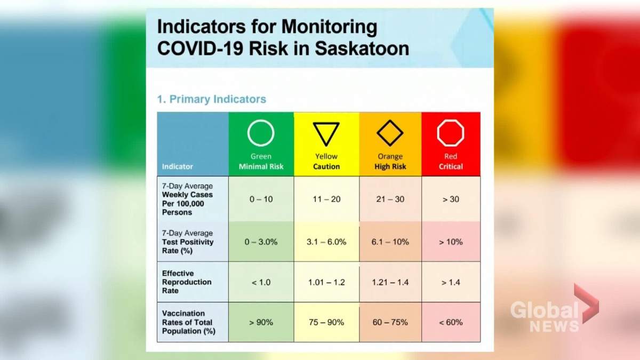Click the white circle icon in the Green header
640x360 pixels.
point(261,133)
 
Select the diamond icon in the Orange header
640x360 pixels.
point(390,133)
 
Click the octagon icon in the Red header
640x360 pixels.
point(451,133)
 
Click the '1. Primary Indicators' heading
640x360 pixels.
point(211,99)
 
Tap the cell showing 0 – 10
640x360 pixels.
point(261,199)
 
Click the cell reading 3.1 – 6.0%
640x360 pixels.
point(326,242)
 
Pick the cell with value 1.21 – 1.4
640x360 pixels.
point(390,282)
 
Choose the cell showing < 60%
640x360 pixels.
point(451,322)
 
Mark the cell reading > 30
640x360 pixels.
point(451,199)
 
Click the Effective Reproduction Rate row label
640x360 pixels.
point(187,282)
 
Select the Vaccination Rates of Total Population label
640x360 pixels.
point(188,322)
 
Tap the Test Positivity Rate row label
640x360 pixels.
point(188,242)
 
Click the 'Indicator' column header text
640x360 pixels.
point(178,166)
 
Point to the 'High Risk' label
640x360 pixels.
point(390,166)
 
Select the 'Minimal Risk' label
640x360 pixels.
point(261,166)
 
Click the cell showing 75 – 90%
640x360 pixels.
point(326,322)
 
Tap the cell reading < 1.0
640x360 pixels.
point(261,282)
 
